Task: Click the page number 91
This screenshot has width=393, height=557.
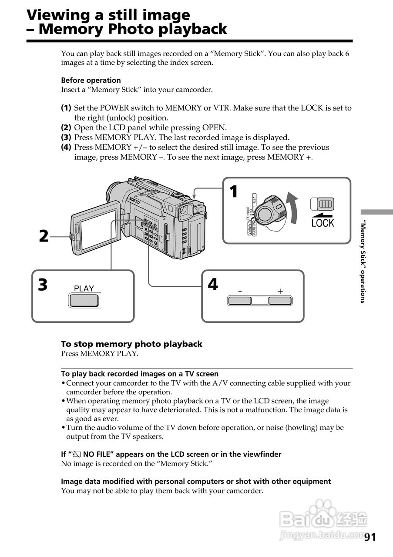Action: pyautogui.click(x=370, y=537)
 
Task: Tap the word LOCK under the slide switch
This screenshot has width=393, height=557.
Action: pyautogui.click(x=322, y=223)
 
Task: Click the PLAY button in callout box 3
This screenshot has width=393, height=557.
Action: pyautogui.click(x=84, y=300)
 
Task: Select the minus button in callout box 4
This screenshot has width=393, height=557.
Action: pyautogui.click(x=240, y=300)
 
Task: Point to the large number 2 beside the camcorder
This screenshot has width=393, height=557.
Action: pyautogui.click(x=44, y=236)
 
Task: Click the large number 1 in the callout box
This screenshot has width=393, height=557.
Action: pyautogui.click(x=234, y=191)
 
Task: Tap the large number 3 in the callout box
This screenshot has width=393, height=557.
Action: pyautogui.click(x=43, y=285)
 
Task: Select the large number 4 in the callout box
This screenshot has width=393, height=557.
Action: pyautogui.click(x=212, y=285)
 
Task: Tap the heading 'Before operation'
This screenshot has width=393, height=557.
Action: pyautogui.click(x=91, y=81)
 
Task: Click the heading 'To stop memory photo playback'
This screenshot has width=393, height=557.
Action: pyautogui.click(x=131, y=344)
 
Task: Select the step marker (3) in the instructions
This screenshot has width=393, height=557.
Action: pyautogui.click(x=66, y=138)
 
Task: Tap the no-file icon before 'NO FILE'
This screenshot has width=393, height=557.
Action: pyautogui.click(x=77, y=455)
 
